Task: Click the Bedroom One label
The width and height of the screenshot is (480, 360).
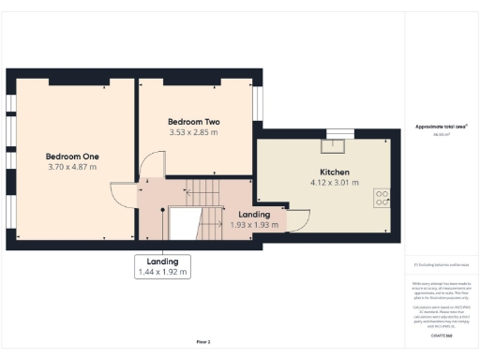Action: pos(72,156)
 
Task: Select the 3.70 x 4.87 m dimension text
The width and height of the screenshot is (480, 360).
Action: pos(72,167)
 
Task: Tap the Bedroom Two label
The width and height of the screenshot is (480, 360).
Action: pos(193,122)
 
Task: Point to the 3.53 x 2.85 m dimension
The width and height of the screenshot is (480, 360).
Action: pos(193,133)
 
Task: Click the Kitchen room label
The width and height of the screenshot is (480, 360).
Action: pos(335,172)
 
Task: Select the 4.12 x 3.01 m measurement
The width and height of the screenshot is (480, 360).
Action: pos(335,184)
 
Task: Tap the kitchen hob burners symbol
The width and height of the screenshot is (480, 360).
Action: pos(382,198)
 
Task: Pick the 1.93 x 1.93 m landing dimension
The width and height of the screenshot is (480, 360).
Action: pos(254,226)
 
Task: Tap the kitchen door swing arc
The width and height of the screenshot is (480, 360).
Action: pos(298,221)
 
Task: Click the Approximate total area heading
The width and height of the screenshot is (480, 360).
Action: pos(441,127)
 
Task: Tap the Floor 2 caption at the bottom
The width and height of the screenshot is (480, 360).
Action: pos(203,342)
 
